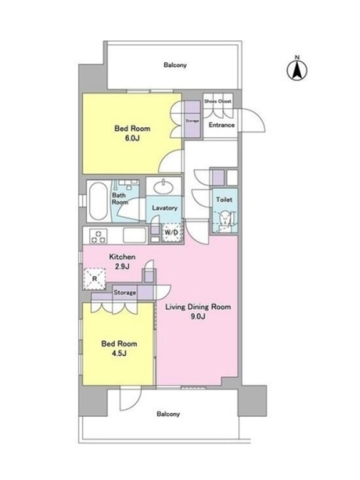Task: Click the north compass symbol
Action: tap(296, 69)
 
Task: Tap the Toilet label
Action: tap(224, 200)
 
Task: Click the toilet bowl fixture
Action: tap(226, 218)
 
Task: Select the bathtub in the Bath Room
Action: tap(98, 201)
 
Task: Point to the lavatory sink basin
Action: tap(163, 187)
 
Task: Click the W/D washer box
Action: tap(172, 233)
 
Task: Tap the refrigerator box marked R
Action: tap(95, 279)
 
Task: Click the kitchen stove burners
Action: tap(98, 236)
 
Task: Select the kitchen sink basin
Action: tap(135, 235)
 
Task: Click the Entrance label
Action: tap(221, 125)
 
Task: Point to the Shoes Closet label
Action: tap(218, 101)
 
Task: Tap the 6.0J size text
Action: tap(132, 138)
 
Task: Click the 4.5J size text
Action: tap(119, 353)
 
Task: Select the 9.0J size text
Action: tap(198, 317)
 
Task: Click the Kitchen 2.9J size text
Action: tap(122, 266)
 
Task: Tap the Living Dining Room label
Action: tap(198, 307)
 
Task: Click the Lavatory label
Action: tap(164, 208)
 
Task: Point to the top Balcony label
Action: tap(175, 65)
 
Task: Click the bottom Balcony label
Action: tap(168, 414)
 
